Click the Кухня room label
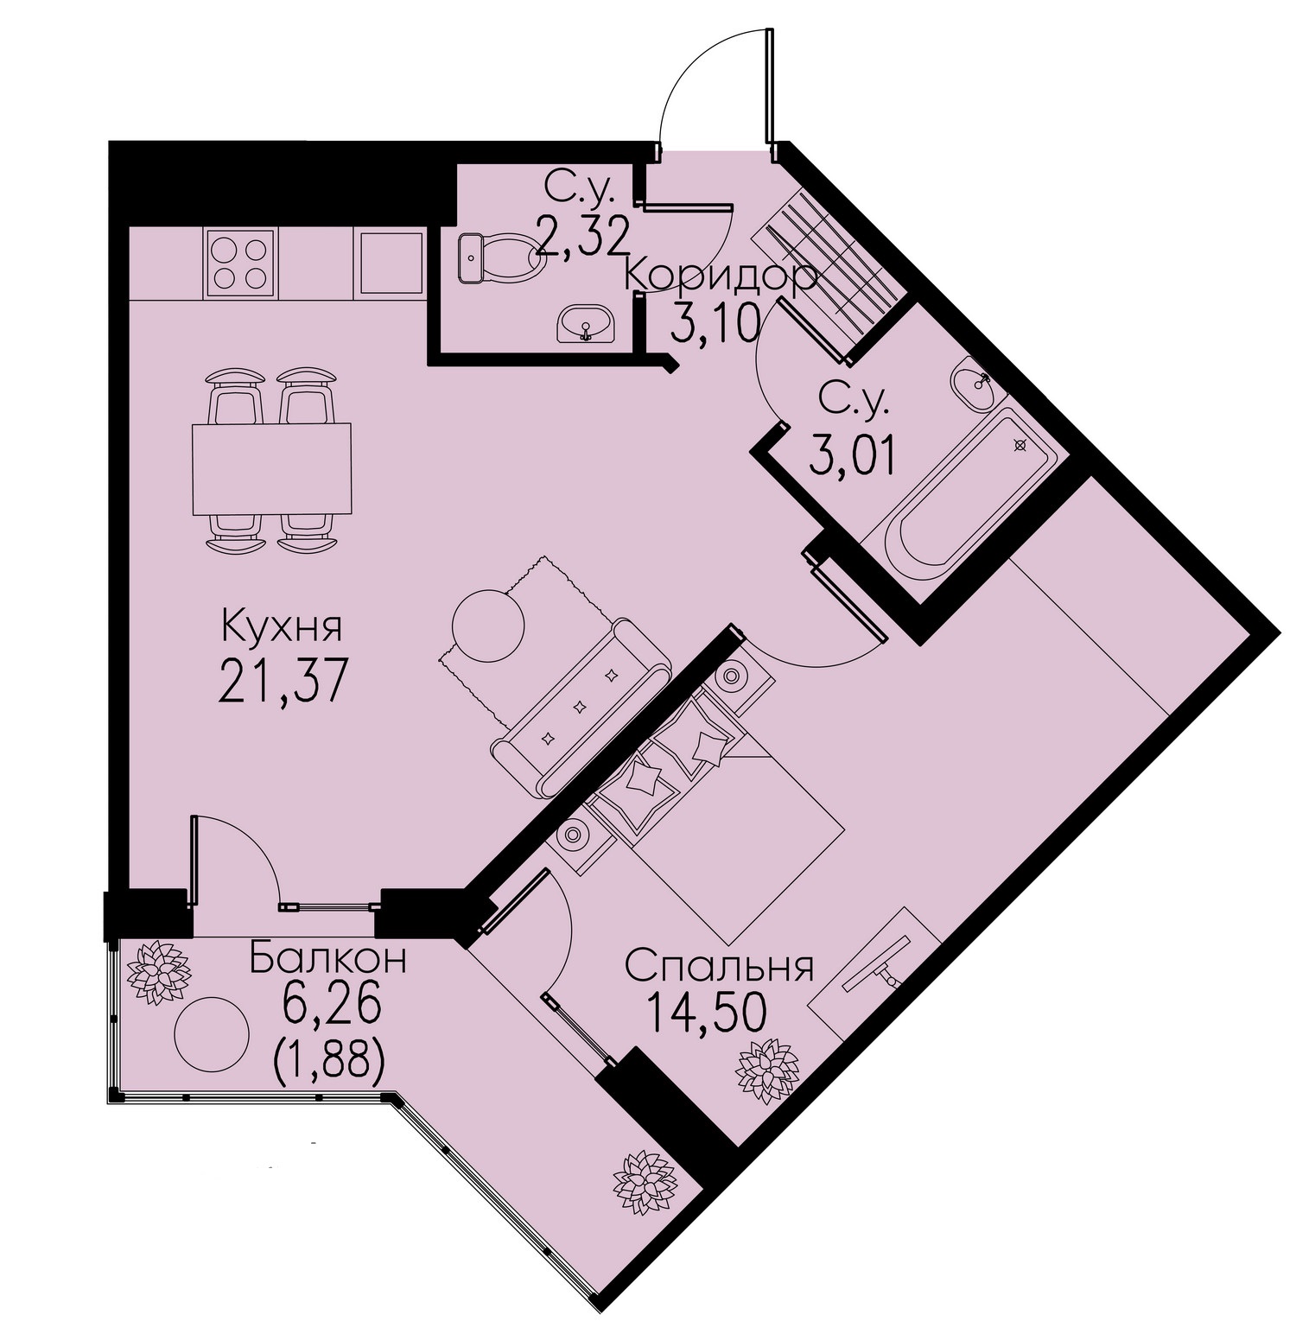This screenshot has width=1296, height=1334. (282, 626)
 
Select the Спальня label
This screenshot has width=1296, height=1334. (719, 967)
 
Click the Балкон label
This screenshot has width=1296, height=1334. (327, 959)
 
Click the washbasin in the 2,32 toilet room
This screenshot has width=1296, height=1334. (587, 323)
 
